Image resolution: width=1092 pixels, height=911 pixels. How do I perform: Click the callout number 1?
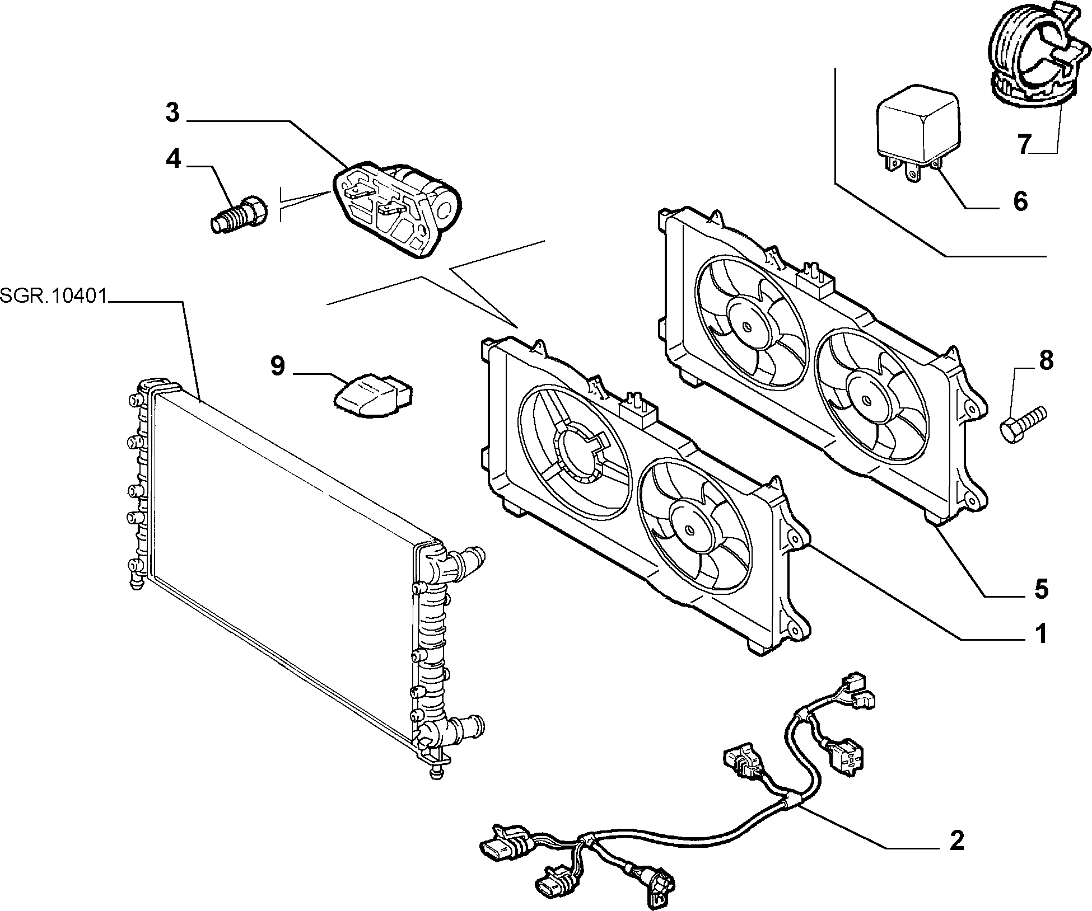coord(1040,635)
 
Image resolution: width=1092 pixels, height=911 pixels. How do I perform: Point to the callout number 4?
coord(173,159)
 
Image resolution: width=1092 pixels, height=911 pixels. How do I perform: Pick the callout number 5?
coord(1040,589)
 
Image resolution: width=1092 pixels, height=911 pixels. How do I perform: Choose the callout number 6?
coord(1020,201)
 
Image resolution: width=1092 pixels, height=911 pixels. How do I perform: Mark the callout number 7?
coord(1024,144)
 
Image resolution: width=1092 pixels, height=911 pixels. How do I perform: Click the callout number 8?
coord(1046,361)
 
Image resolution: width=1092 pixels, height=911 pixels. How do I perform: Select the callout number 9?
coord(278,367)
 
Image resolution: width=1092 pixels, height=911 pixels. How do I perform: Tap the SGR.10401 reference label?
coord(54,295)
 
